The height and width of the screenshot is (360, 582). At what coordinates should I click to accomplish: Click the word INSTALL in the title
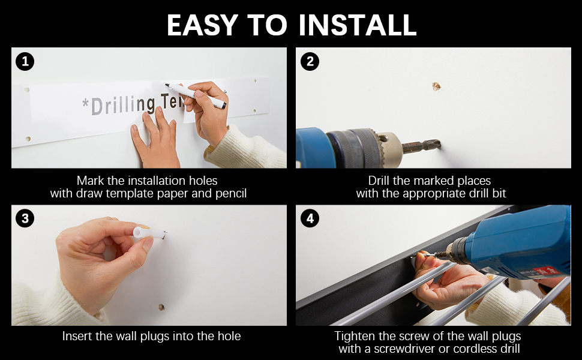pyautogui.click(x=358, y=25)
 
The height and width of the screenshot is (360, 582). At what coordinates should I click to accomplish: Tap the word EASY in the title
pyautogui.click(x=202, y=25)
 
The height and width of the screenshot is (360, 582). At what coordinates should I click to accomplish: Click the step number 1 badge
pyautogui.click(x=25, y=61)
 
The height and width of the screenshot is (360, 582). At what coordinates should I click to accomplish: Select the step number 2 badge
pyautogui.click(x=310, y=61)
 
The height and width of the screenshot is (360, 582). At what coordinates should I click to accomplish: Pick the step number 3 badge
pyautogui.click(x=25, y=218)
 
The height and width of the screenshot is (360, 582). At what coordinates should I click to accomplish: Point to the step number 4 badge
pyautogui.click(x=310, y=218)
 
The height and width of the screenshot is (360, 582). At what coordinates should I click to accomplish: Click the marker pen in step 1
pyautogui.click(x=195, y=96)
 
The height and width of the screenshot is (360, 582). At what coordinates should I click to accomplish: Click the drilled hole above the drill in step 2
pyautogui.click(x=436, y=86)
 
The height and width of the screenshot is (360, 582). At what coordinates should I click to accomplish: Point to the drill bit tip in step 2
pyautogui.click(x=439, y=143)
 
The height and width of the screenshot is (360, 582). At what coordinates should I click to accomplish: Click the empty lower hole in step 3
pyautogui.click(x=161, y=307)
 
